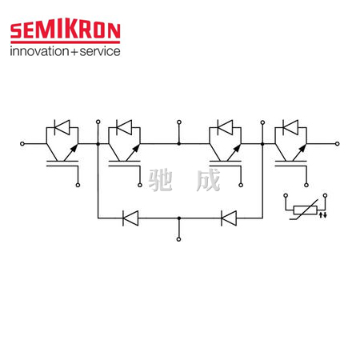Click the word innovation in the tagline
point(39,51)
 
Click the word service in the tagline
point(100,51)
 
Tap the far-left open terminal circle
point(22,144)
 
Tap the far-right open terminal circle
point(338,144)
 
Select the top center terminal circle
point(179,122)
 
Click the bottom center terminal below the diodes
point(179,239)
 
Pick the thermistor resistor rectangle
point(305,210)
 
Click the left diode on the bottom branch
point(130,218)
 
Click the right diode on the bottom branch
point(229,218)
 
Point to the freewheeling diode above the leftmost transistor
point(62,127)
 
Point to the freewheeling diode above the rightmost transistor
point(290,127)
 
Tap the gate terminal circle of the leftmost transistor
point(78,185)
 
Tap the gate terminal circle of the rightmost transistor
point(306,185)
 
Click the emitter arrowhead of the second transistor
point(136,148)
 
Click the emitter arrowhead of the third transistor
point(237,148)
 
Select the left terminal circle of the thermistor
point(286,195)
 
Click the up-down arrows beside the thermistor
point(323,214)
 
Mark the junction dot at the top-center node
point(179,144)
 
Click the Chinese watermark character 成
point(208,180)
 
